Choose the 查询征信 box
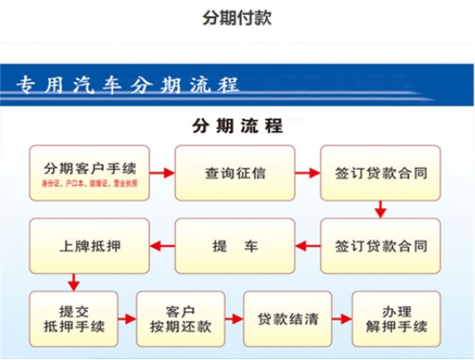tap(235, 172)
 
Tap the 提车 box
tap(235, 243)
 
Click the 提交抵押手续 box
tap(76, 319)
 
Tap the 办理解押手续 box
tap(395, 319)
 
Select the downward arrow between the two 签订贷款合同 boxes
tap(380, 208)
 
